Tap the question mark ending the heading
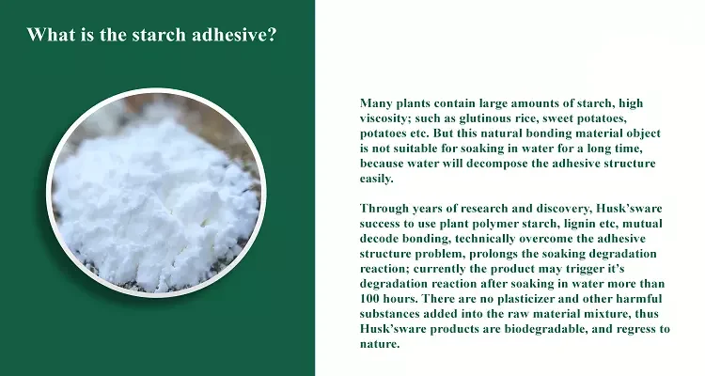pos(272,35)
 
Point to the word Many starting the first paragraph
pos(376,104)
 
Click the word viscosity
pos(384,118)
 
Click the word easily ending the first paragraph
pos(375,179)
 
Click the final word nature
pos(379,345)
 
